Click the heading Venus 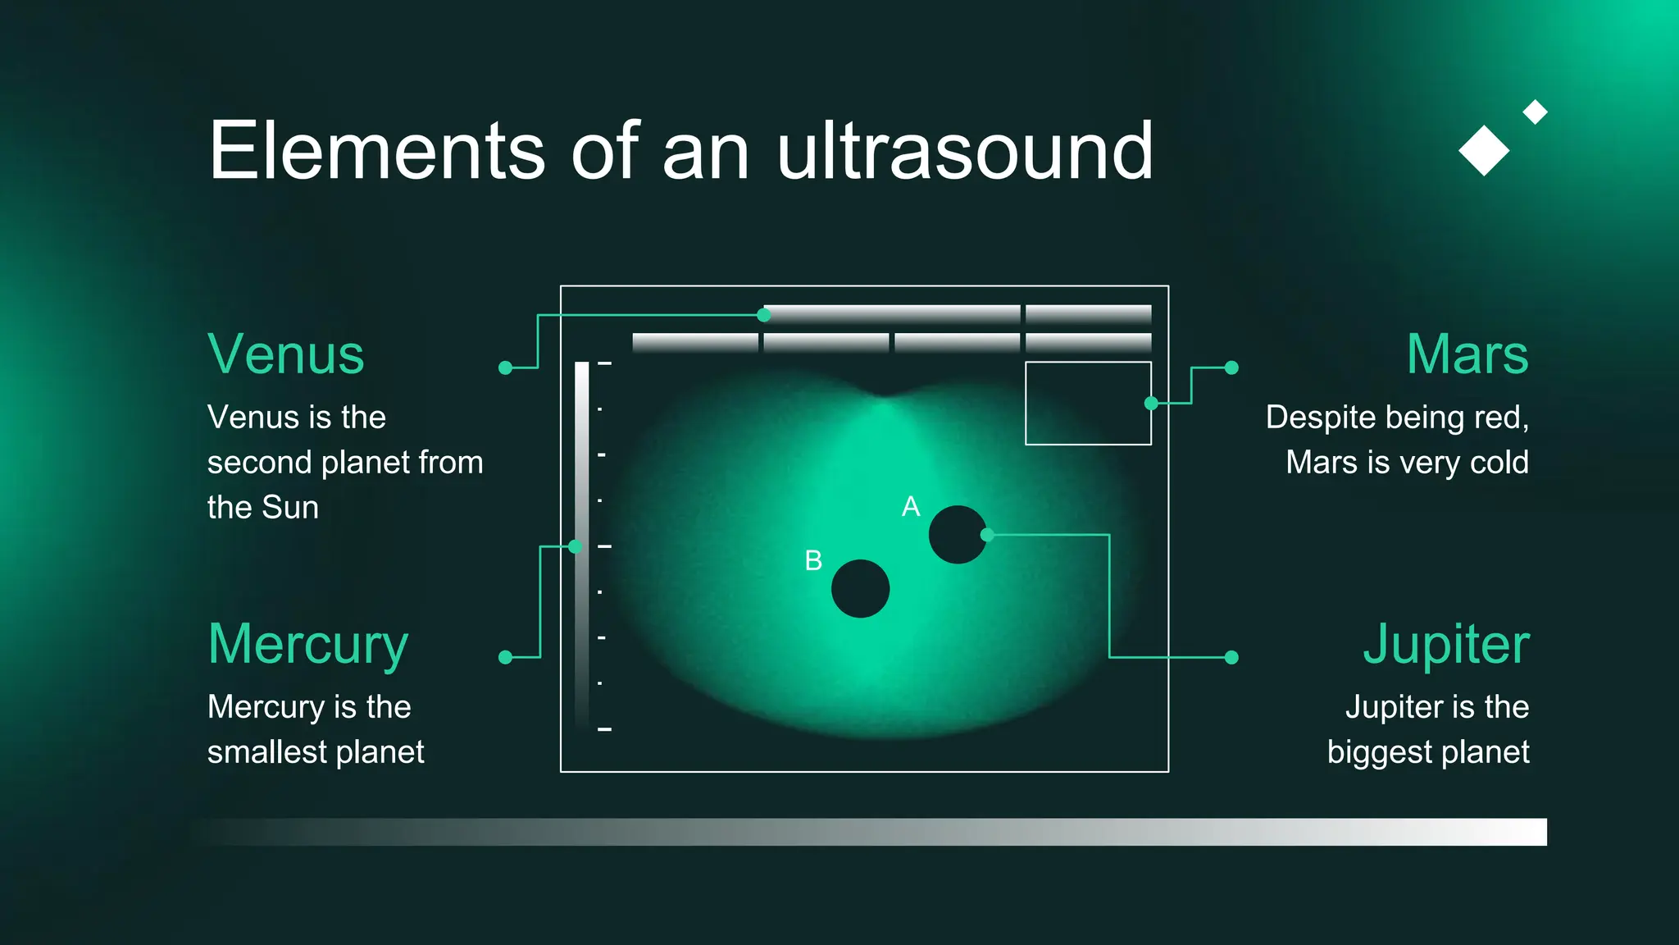(285, 354)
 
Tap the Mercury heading (307, 645)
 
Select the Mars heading (1467, 354)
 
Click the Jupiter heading (1445, 645)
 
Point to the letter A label (910, 507)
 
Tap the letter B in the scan (812, 561)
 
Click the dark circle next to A (957, 535)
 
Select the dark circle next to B (860, 589)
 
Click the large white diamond (1484, 151)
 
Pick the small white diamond (1535, 112)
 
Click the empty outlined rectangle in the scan (1088, 404)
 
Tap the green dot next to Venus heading (506, 368)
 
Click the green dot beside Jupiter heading (1231, 657)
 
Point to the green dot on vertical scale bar (576, 546)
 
